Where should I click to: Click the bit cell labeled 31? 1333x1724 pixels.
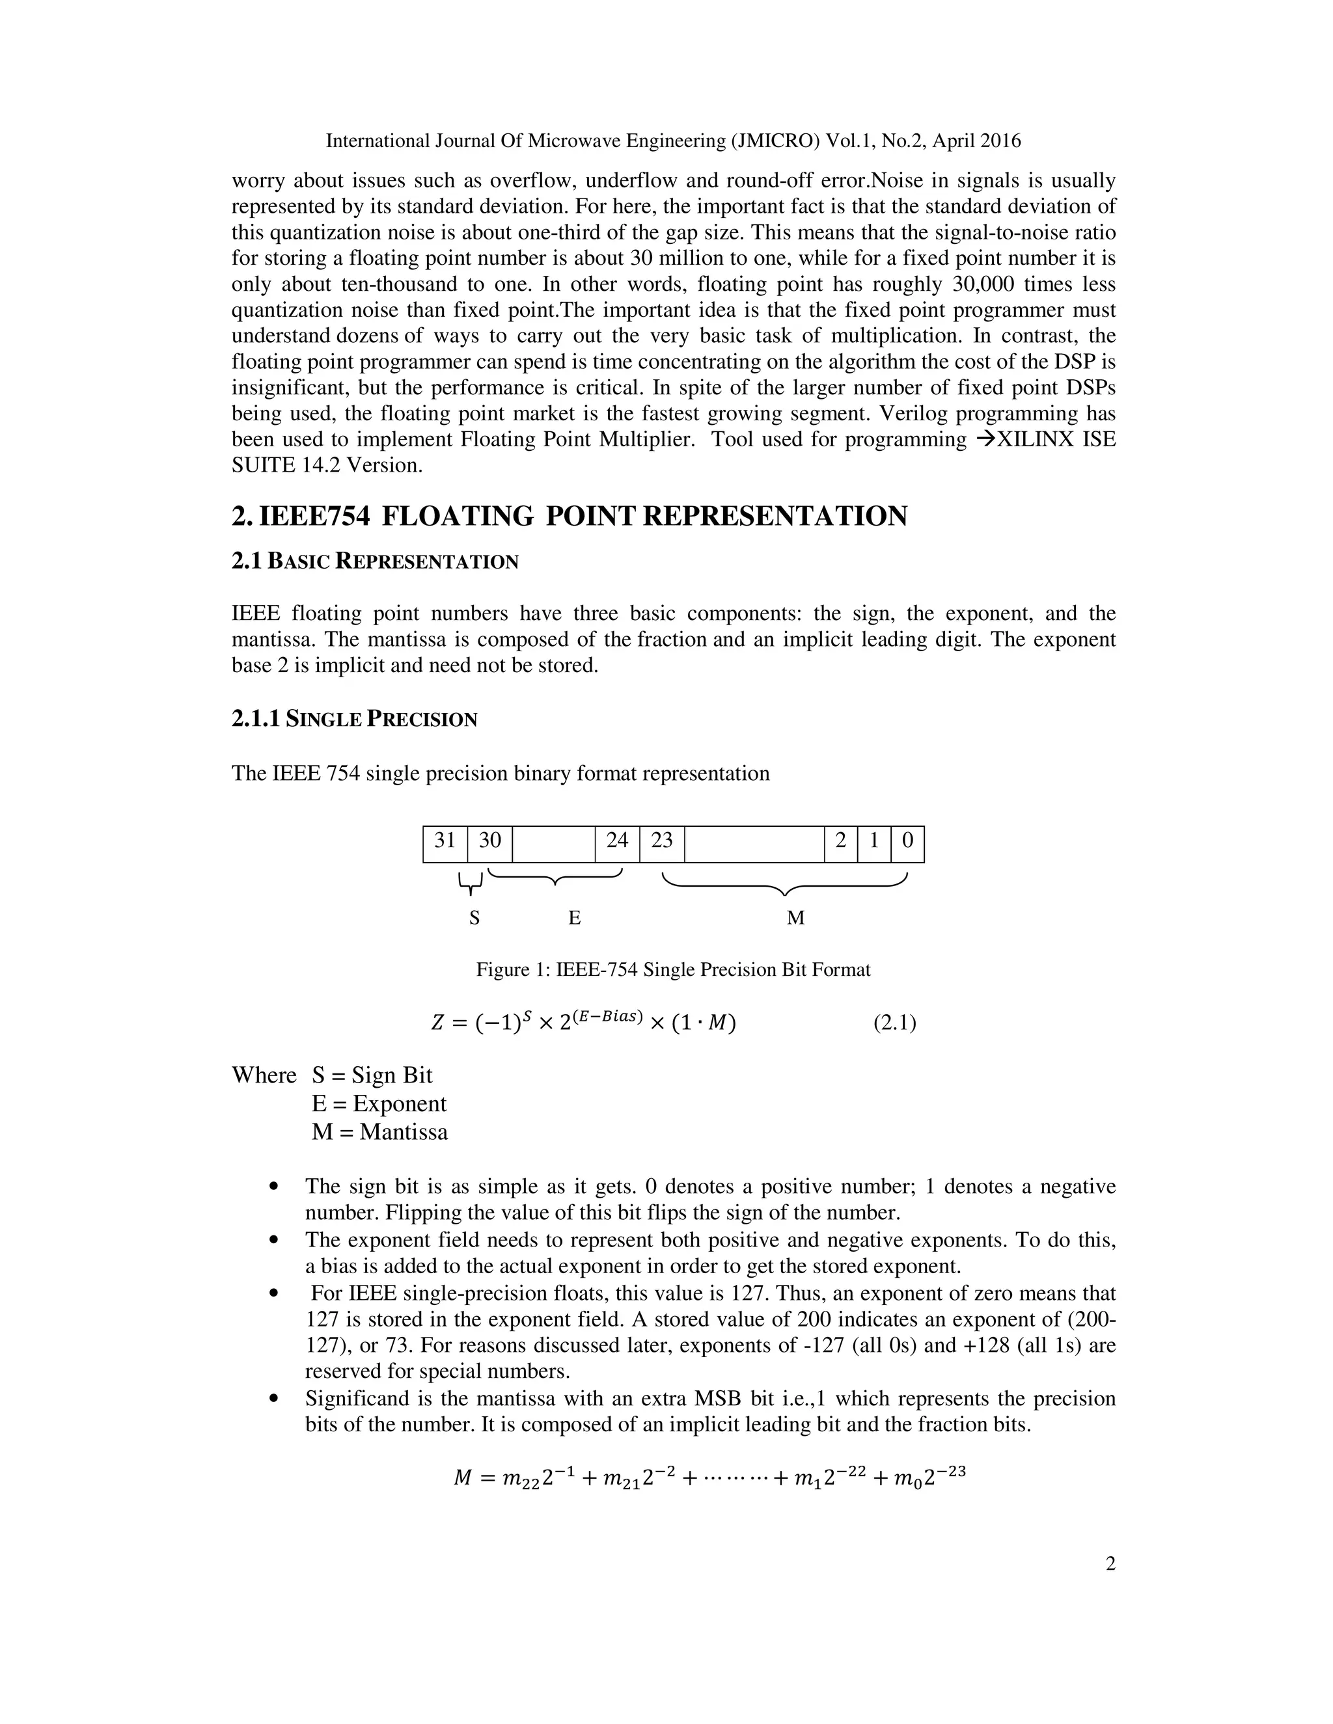click(445, 841)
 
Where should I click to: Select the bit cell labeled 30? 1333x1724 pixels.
click(489, 841)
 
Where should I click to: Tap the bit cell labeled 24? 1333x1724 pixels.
click(617, 841)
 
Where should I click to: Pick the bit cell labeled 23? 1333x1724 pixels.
click(662, 841)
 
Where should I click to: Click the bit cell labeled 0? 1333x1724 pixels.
click(907, 841)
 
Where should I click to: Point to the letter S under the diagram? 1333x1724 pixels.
click(474, 917)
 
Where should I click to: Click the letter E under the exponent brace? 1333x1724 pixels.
click(574, 917)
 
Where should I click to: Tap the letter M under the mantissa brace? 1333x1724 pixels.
click(795, 917)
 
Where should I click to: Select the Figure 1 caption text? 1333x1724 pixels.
click(673, 969)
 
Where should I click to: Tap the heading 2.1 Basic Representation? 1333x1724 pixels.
click(375, 561)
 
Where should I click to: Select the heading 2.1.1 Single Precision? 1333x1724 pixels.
click(355, 719)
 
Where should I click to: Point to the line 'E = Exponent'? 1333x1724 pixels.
click(379, 1103)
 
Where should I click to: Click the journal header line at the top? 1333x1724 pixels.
click(673, 141)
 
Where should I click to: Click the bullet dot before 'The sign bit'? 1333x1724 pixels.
click(274, 1187)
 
